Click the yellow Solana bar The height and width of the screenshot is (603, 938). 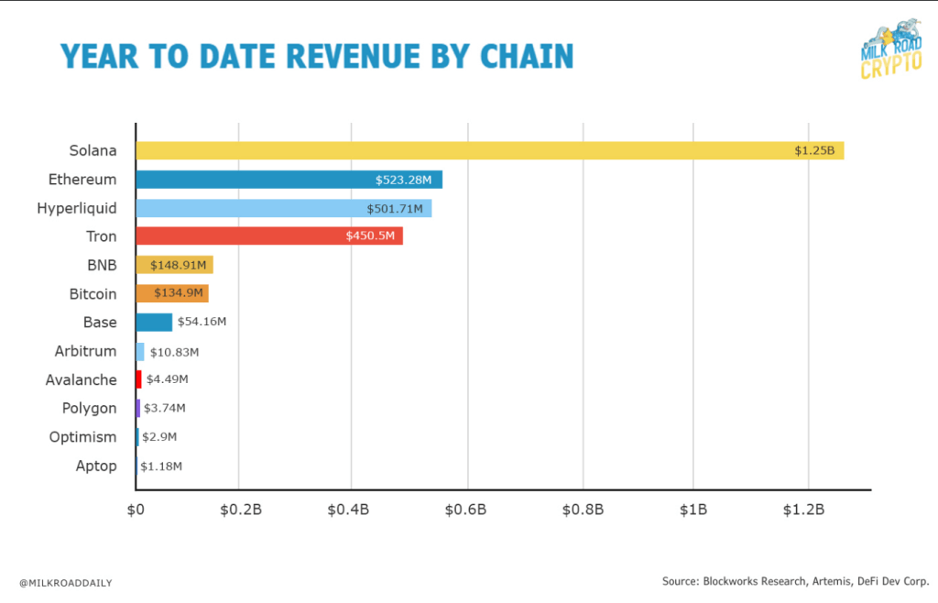(x=489, y=150)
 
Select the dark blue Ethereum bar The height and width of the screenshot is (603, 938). (x=289, y=180)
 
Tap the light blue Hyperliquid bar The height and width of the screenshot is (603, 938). (x=283, y=208)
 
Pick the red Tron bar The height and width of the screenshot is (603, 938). (x=269, y=236)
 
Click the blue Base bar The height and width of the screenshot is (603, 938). (x=154, y=322)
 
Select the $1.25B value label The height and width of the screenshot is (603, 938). (x=813, y=151)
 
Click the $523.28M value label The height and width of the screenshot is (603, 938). (x=405, y=180)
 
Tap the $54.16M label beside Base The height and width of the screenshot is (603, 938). (x=202, y=322)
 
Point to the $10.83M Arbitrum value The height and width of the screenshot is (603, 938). (x=173, y=351)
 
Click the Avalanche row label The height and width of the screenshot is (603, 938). (x=82, y=379)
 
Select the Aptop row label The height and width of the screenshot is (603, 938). (x=96, y=466)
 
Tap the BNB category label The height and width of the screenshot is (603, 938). (x=101, y=265)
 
